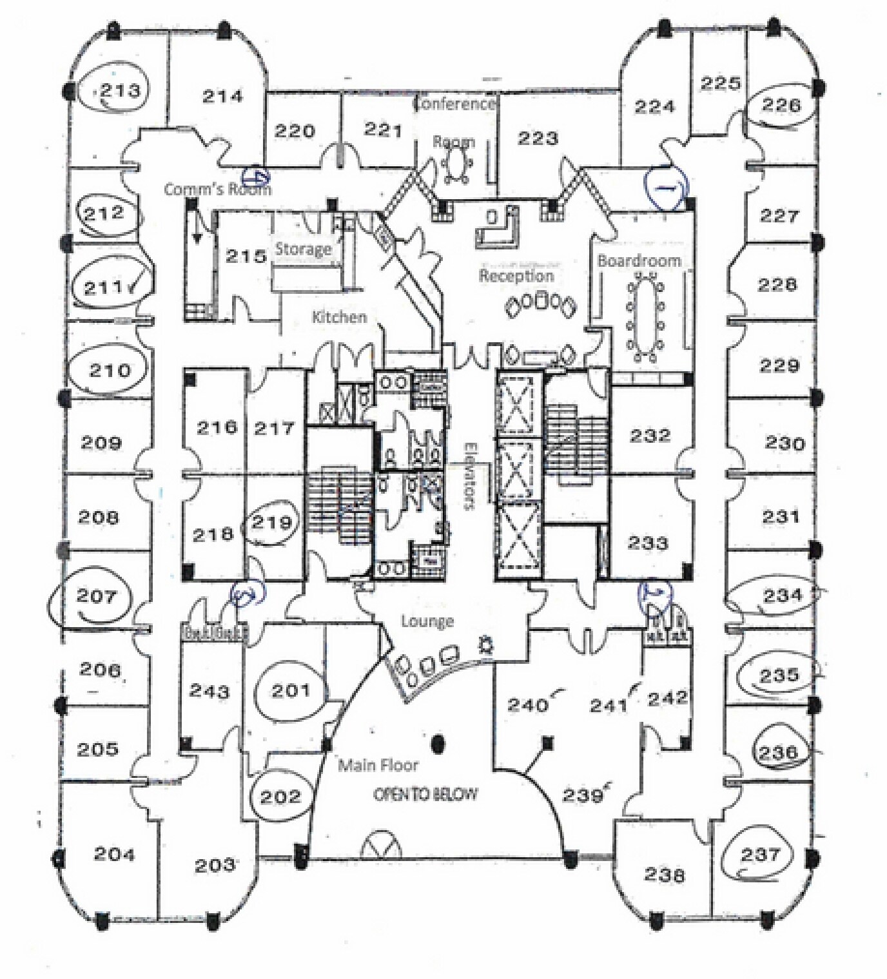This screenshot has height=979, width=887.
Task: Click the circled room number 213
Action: [x=120, y=90]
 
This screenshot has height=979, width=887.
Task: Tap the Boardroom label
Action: [x=639, y=260]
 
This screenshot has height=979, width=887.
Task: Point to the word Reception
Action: [x=516, y=276]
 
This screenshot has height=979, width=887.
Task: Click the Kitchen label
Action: [x=339, y=317]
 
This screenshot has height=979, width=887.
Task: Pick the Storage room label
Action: [x=304, y=249]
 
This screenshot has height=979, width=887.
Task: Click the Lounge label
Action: [x=427, y=621]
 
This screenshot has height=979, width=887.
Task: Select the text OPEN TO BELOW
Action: [x=426, y=794]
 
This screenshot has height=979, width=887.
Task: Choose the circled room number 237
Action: [x=761, y=855]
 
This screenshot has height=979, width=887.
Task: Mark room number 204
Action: [x=115, y=854]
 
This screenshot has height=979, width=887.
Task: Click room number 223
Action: [x=538, y=138]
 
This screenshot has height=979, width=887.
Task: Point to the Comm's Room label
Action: [x=217, y=189]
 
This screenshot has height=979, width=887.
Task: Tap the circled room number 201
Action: [x=291, y=691]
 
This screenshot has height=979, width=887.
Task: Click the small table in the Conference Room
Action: [x=458, y=162]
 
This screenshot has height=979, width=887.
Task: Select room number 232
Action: [x=650, y=436]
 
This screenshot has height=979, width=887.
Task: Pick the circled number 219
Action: [x=272, y=522]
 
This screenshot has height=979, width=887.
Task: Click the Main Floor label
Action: [x=378, y=765]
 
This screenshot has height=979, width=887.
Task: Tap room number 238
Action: [x=665, y=875]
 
